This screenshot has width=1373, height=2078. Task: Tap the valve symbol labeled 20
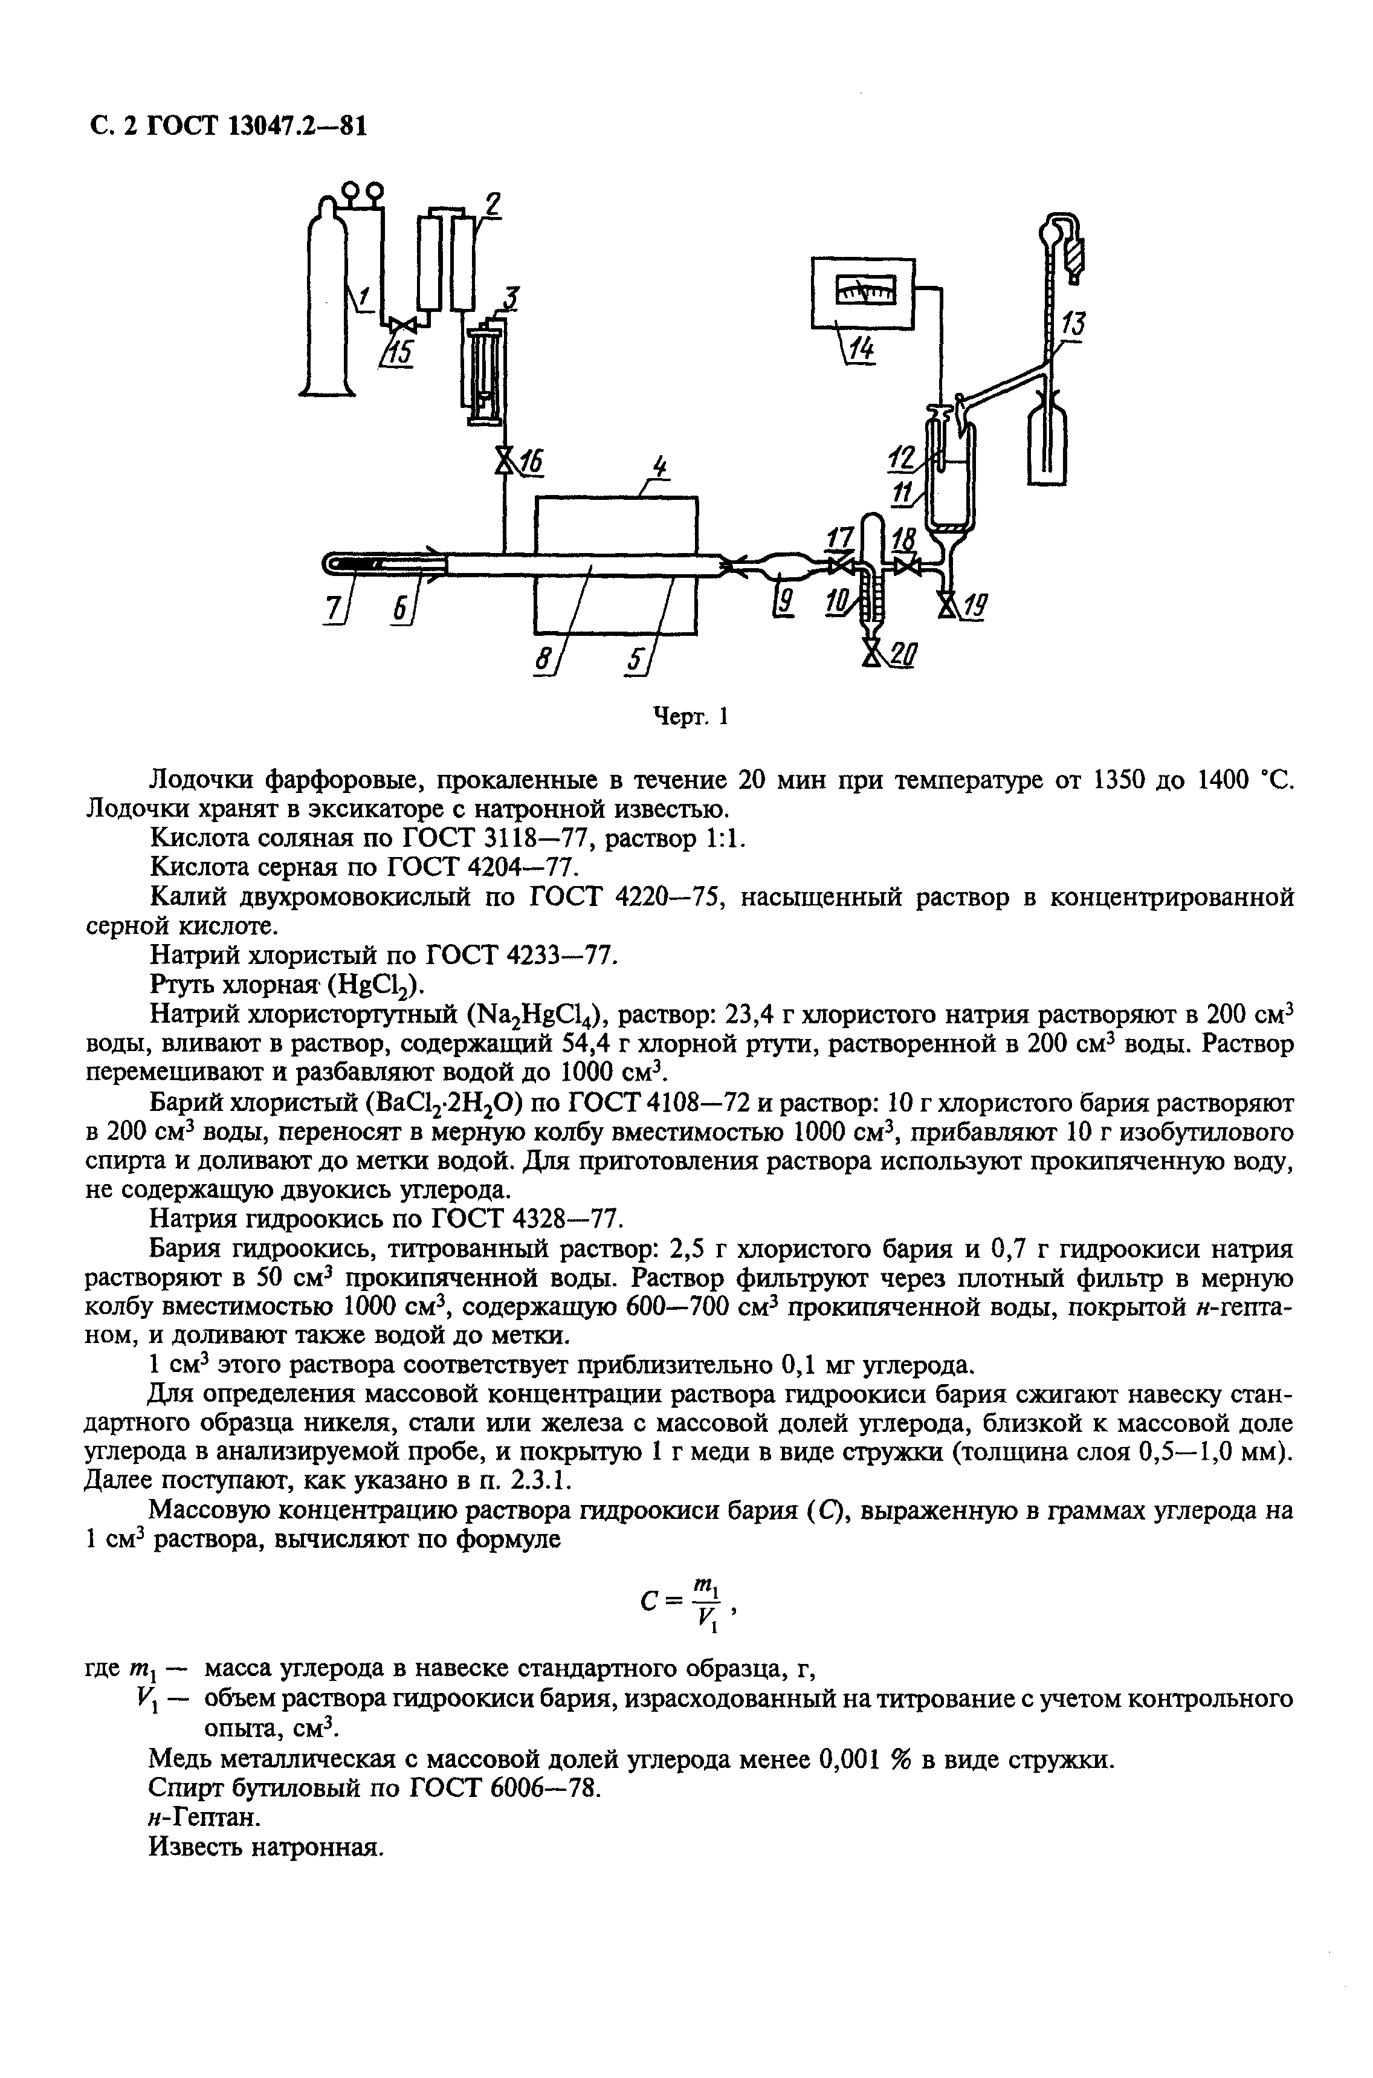(872, 652)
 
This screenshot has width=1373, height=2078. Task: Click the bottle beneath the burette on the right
(1047, 438)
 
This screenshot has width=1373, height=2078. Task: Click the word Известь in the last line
(197, 1848)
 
